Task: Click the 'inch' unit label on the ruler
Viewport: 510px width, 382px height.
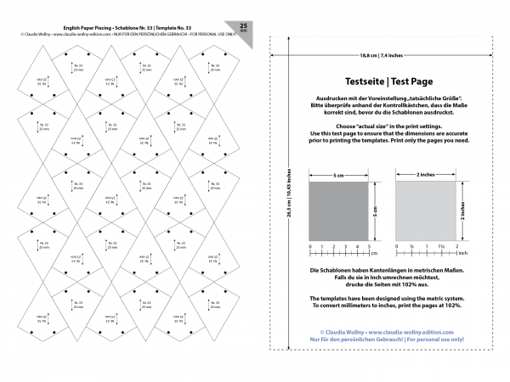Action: [x=463, y=252]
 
